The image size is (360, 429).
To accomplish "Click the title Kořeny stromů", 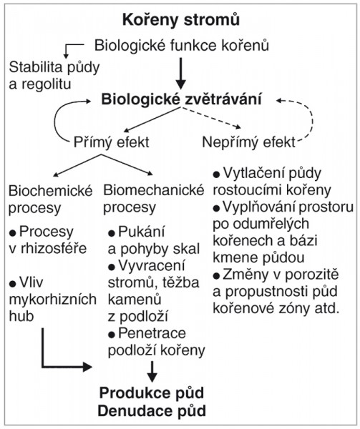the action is point(181,20).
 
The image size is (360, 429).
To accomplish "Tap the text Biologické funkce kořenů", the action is point(182,45).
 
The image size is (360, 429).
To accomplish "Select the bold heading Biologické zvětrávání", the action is point(181,99).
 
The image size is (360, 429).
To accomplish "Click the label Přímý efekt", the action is point(112,142).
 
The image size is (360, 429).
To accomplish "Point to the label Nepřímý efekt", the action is point(249,142).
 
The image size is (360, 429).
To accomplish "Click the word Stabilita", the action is point(36,67).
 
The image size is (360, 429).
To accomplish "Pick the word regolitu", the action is point(47,84).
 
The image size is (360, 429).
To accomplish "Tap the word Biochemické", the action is point(51,191).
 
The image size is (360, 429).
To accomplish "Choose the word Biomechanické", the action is point(154,190).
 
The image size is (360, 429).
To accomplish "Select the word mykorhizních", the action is point(52,300).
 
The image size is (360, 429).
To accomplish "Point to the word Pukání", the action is point(142,232).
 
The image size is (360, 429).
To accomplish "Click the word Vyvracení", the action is point(152,266).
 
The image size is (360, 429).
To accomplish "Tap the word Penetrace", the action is point(152,333).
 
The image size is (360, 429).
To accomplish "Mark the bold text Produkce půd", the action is point(152,393).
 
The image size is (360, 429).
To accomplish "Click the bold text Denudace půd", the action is point(152,410).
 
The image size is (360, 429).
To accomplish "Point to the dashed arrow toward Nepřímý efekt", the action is point(210,117).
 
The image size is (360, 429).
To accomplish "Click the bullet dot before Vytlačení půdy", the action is point(216,174).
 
